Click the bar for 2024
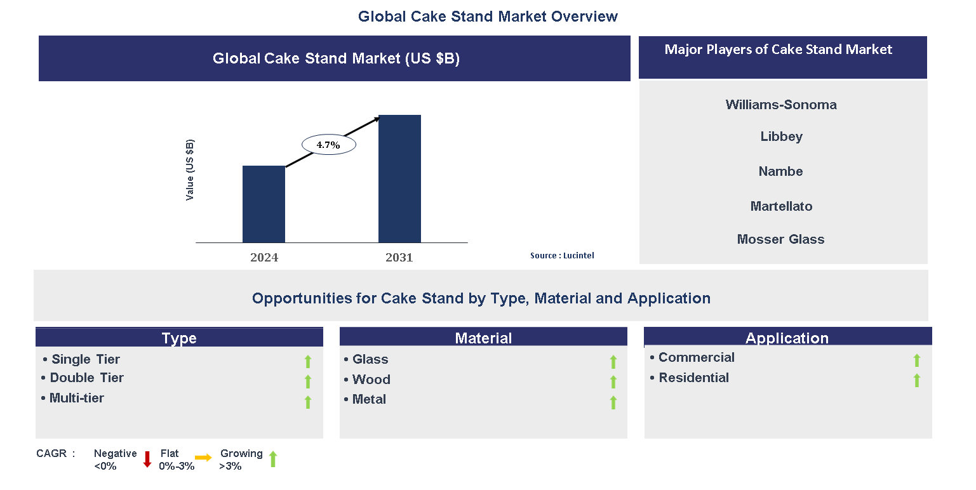pos(264,204)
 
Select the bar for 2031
pos(399,178)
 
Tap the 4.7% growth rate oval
pos(328,145)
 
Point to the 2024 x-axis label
pos(264,258)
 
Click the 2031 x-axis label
pos(399,258)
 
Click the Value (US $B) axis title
pos(190,170)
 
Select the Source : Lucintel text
pos(562,255)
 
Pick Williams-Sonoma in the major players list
pos(781,105)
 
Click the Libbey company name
pos(782,136)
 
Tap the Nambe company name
pos(780,171)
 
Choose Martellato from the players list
pos(781,206)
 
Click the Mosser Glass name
pos(780,239)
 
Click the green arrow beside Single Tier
pos(308,362)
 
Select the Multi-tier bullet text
pos(76,398)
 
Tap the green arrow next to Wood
pos(613,381)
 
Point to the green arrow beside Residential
pos(916,380)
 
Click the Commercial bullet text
pos(696,357)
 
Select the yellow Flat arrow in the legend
pos(203,457)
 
